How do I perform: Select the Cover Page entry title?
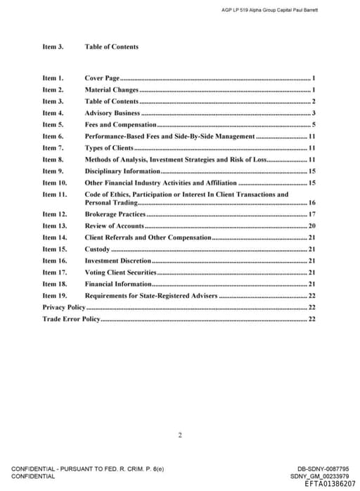[102, 78]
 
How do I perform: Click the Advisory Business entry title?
[112, 113]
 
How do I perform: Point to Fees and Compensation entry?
[120, 124]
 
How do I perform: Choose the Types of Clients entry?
[109, 148]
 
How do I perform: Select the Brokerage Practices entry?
[115, 214]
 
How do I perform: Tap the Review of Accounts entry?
[114, 225]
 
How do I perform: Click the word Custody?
[97, 249]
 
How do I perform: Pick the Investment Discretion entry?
[117, 261]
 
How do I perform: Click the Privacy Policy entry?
[63, 307]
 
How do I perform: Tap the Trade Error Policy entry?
[71, 319]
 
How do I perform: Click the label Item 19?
[54, 296]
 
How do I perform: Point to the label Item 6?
[53, 136]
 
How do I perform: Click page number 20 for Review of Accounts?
[311, 225]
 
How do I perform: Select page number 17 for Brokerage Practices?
[311, 214]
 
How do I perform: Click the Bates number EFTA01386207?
[330, 484]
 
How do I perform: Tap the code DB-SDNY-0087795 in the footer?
[323, 469]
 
